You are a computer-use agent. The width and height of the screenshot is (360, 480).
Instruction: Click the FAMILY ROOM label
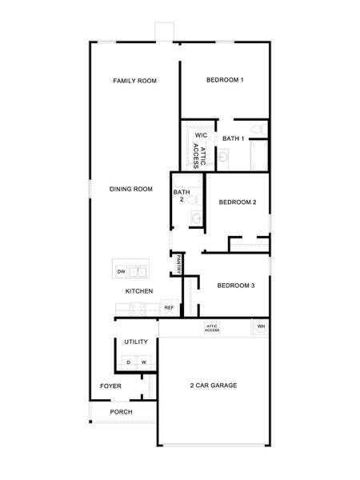(134, 81)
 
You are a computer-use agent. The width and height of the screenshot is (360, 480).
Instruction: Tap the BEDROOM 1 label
(225, 80)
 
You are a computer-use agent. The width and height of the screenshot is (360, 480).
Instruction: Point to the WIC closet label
(201, 135)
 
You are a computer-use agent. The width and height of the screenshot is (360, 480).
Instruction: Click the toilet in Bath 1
(257, 130)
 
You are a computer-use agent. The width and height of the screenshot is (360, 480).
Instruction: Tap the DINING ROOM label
(131, 189)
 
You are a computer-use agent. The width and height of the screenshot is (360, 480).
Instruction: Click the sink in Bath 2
(196, 216)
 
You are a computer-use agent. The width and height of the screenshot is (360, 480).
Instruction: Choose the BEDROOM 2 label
(237, 202)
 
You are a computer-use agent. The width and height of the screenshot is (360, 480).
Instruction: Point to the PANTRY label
(179, 264)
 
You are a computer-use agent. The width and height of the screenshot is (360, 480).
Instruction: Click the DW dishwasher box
(122, 272)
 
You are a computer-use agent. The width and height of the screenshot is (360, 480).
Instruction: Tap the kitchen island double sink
(138, 271)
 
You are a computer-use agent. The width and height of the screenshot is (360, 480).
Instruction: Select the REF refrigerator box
(169, 307)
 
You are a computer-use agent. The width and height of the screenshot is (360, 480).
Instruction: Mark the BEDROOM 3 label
(236, 286)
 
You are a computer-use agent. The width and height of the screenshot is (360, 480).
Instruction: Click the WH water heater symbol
(261, 326)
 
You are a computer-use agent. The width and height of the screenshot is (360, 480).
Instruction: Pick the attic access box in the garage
(212, 328)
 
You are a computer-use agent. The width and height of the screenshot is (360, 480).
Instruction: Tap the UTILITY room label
(136, 342)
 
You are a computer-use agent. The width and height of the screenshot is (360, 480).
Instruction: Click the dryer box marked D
(128, 362)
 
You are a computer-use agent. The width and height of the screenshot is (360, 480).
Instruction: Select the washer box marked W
(144, 362)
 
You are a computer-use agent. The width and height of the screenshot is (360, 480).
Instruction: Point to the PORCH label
(122, 412)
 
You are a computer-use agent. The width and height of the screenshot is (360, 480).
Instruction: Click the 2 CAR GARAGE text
(214, 386)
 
